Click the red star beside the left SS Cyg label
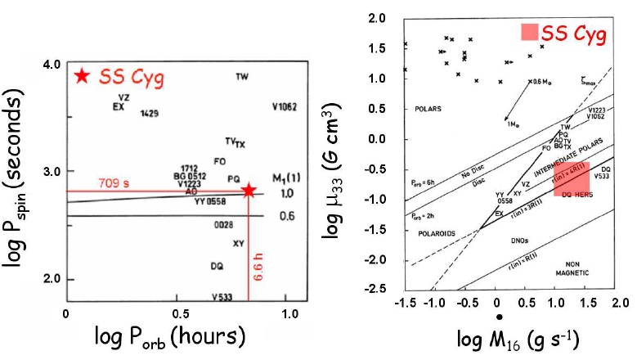point(80,76)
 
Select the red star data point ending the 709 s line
point(249,191)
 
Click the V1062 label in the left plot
point(285,106)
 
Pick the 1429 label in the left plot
point(149,113)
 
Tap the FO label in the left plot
point(219,161)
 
